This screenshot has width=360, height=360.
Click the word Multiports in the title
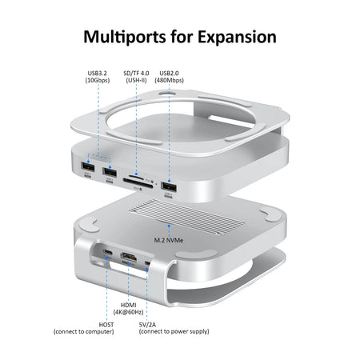pyautogui.click(x=129, y=37)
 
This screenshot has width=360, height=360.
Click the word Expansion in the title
pyautogui.click(x=236, y=37)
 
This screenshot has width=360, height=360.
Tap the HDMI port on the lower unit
pyautogui.click(x=128, y=257)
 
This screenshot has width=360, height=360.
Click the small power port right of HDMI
pyautogui.click(x=148, y=262)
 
